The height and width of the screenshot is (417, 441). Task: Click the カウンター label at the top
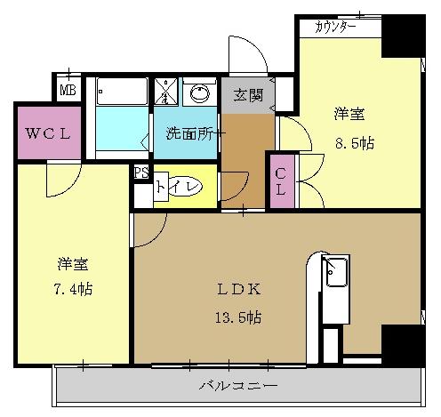pos(336,28)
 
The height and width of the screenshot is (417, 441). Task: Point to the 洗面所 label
pos(188,134)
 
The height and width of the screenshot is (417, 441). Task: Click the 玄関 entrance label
pos(248,96)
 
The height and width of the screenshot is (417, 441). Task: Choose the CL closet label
pos(279,181)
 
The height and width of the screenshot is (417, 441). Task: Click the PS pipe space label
pos(140,173)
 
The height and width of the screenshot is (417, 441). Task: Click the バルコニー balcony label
pos(238,386)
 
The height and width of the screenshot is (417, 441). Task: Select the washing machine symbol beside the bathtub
pos(166,92)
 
